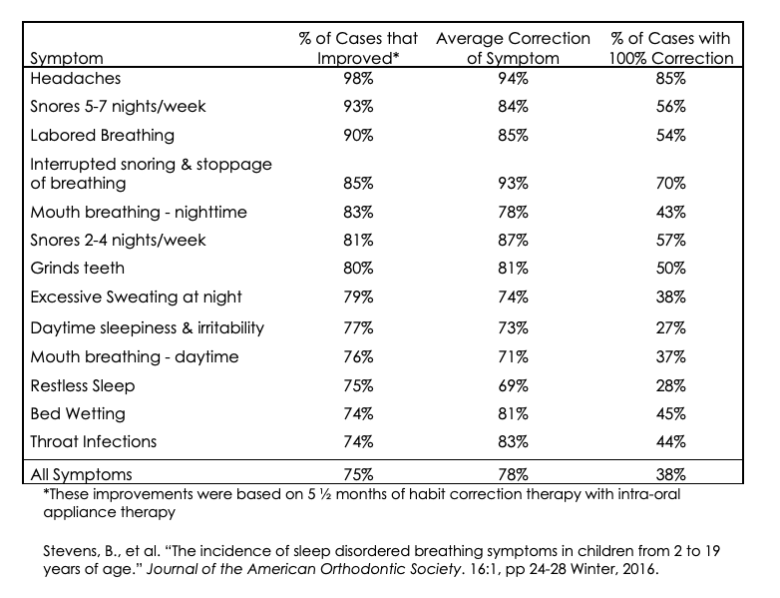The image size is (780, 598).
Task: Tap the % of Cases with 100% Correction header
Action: click(670, 49)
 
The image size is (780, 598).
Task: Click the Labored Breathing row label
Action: click(103, 135)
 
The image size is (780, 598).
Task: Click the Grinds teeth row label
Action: click(79, 270)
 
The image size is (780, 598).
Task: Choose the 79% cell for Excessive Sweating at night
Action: click(347, 298)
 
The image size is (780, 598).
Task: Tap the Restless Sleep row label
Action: click(83, 385)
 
